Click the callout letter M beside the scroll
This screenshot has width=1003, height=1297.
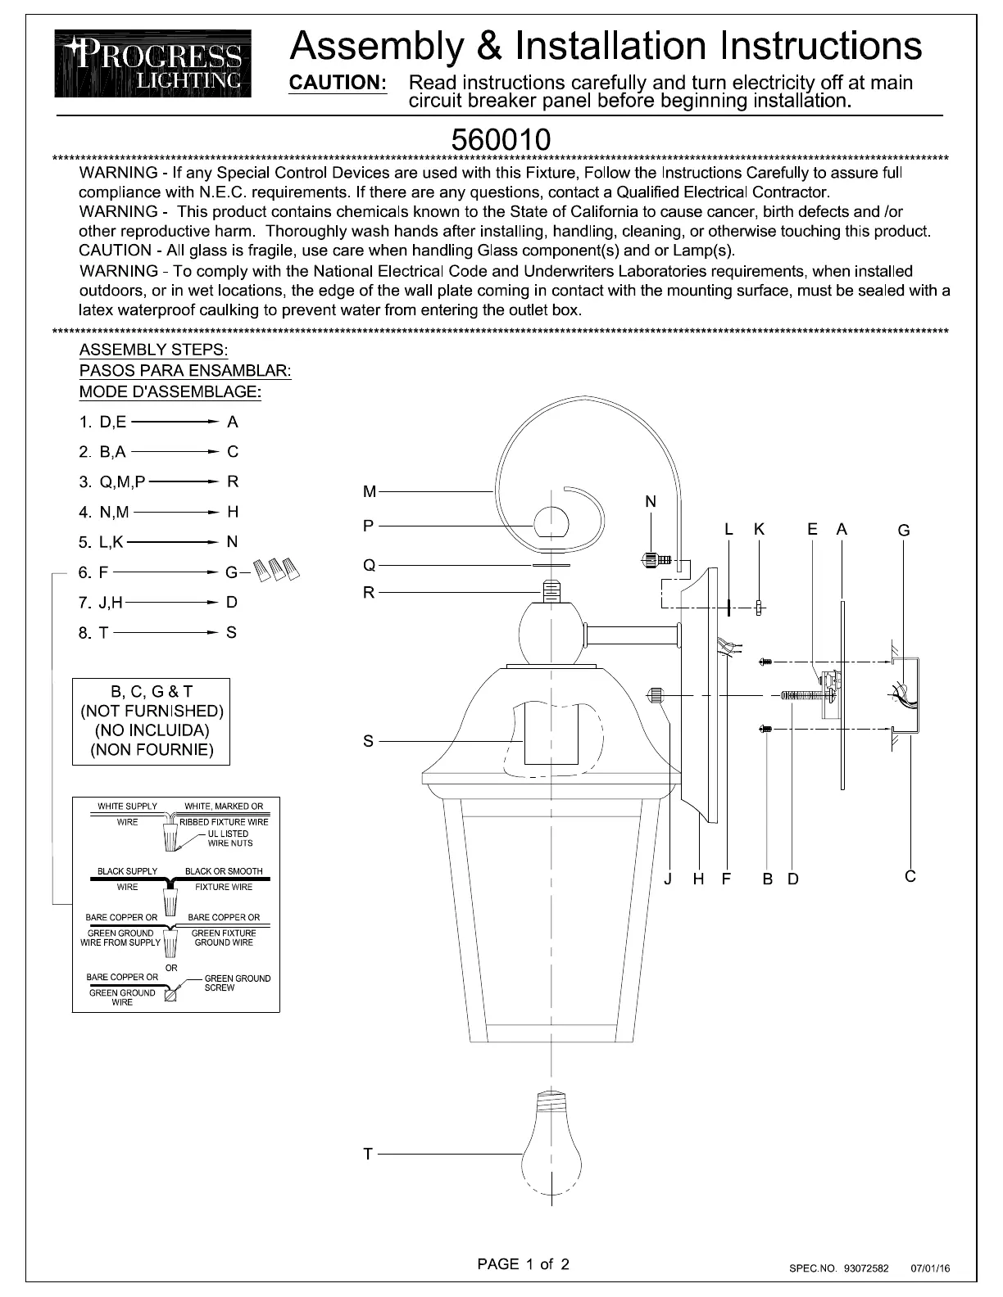[x=370, y=492]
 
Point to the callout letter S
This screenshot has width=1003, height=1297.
[x=368, y=742]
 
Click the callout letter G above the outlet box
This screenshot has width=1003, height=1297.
[x=904, y=531]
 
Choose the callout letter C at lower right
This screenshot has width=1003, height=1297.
[x=910, y=877]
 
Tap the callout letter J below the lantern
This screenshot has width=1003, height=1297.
[x=668, y=879]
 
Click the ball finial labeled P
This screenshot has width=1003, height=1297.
[x=551, y=524]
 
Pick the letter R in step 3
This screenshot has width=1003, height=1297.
[x=233, y=482]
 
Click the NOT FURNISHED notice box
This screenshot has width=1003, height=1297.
[x=152, y=721]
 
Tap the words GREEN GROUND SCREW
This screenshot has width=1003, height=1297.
[x=237, y=983]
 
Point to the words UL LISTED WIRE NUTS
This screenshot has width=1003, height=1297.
[x=229, y=838]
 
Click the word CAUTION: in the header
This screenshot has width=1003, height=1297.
[x=338, y=83]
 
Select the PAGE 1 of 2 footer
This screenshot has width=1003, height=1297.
[x=523, y=1263]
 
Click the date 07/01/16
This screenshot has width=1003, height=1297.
[x=930, y=1268]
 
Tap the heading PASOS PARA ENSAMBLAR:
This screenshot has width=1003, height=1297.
[x=185, y=370]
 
